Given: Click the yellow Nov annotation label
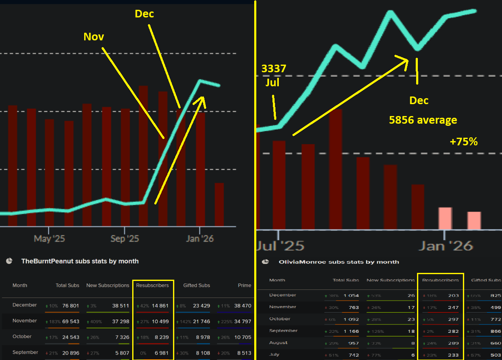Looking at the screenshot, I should pos(94,37).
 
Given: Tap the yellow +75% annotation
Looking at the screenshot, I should pos(464,142).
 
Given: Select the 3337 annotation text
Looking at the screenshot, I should pos(274,68).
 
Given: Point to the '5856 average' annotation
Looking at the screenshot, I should pos(423,120).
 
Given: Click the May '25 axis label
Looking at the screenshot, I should pos(49,238).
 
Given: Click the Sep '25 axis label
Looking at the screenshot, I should pos(125,238).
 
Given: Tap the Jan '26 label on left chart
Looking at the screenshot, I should pos(200,238).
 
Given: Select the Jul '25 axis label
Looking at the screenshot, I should pos(281,245).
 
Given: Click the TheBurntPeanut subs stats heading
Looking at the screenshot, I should pos(80,261).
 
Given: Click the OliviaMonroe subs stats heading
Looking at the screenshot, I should pos(339,262).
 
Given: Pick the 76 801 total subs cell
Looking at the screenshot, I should pos(68,305).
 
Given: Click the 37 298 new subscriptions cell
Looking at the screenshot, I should pos(117,321).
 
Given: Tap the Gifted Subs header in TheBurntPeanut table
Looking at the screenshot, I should pos(196,285).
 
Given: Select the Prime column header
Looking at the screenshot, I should pos(244,285).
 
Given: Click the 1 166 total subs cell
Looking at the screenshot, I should pos(351,331).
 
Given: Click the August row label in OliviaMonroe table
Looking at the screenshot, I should pos(278,343).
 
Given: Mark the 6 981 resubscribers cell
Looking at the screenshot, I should pos(160,352).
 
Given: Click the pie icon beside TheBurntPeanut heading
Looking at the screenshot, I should pos(9,261).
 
